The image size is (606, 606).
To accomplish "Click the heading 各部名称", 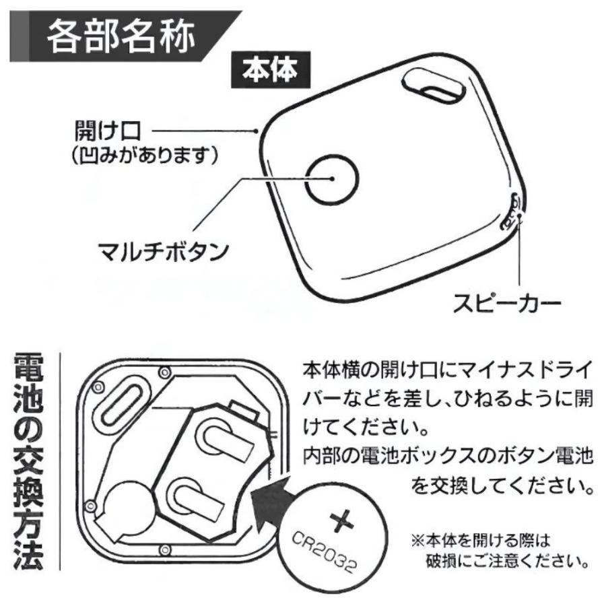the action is (x=121, y=37).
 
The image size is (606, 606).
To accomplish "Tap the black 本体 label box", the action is (x=271, y=70).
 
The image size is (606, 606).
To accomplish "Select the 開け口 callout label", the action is (x=108, y=131).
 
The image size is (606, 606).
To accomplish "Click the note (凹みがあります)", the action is (x=145, y=156).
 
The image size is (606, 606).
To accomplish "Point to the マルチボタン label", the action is (x=164, y=252).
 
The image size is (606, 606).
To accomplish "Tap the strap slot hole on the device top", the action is (x=434, y=87).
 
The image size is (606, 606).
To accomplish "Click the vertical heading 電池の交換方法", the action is (x=28, y=462).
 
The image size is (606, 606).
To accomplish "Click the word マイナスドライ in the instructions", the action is (x=526, y=370).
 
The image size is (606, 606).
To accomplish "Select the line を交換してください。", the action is (x=502, y=485).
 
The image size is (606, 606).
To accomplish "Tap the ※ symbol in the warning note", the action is (x=417, y=540).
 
